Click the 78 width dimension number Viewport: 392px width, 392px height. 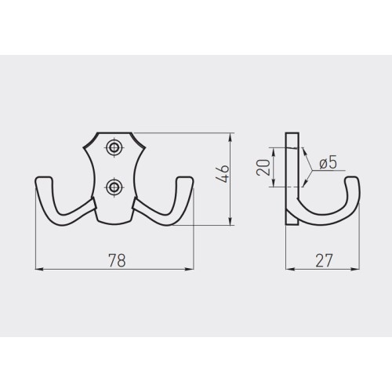pyautogui.click(x=117, y=260)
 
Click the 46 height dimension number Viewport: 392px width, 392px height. pyautogui.click(x=223, y=174)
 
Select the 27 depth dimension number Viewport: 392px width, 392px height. pyautogui.click(x=324, y=260)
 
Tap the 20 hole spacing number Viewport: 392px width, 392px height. pyautogui.click(x=263, y=167)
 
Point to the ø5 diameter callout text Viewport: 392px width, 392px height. pyautogui.click(x=328, y=163)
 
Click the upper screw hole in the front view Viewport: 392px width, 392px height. pyautogui.click(x=114, y=147)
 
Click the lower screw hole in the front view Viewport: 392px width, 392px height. pyautogui.click(x=114, y=187)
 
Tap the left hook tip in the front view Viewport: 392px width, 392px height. pyautogui.click(x=44, y=180)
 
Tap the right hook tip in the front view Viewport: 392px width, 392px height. pyautogui.click(x=185, y=180)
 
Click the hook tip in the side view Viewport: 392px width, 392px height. pyautogui.click(x=353, y=180)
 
